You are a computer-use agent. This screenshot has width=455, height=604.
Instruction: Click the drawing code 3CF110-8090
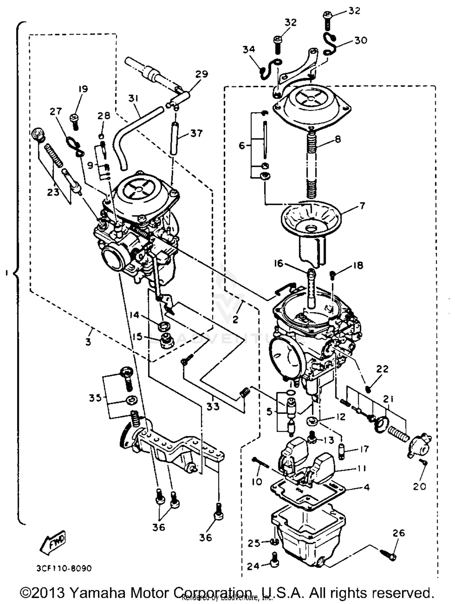pyautogui.click(x=64, y=568)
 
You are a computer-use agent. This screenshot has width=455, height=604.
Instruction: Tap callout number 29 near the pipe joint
pyautogui.click(x=201, y=74)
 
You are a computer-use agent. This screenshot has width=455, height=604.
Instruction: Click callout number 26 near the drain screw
pyautogui.click(x=398, y=533)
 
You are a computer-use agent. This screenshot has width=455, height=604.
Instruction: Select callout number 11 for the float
pyautogui.click(x=361, y=469)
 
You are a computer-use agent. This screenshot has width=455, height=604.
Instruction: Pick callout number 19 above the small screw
pyautogui.click(x=83, y=89)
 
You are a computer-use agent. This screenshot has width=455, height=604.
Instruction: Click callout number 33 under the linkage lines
pyautogui.click(x=213, y=406)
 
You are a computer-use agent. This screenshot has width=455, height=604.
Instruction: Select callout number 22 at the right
pyautogui.click(x=382, y=369)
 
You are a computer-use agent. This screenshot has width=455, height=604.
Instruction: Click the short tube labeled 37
pyautogui.click(x=174, y=138)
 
